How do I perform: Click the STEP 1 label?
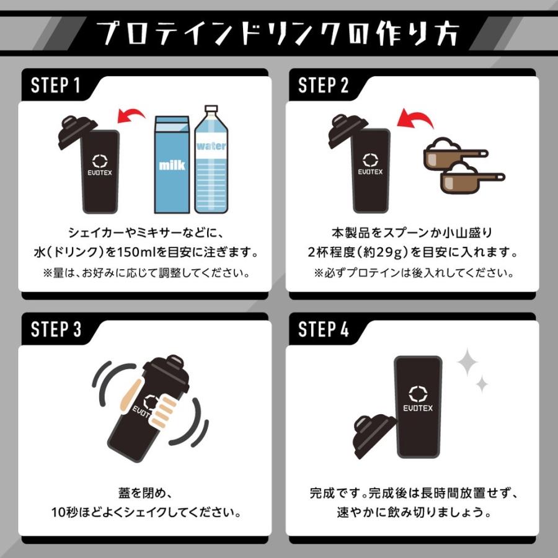(56, 86)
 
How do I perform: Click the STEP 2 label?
(324, 86)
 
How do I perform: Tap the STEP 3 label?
(56, 329)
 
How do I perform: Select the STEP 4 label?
(324, 329)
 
